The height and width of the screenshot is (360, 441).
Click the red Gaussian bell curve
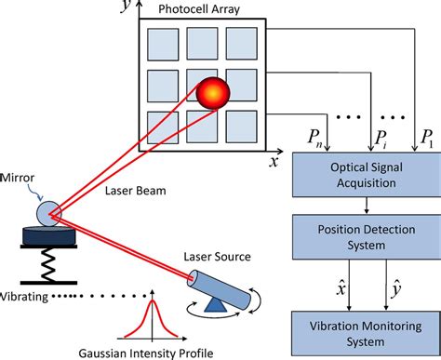146,321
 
